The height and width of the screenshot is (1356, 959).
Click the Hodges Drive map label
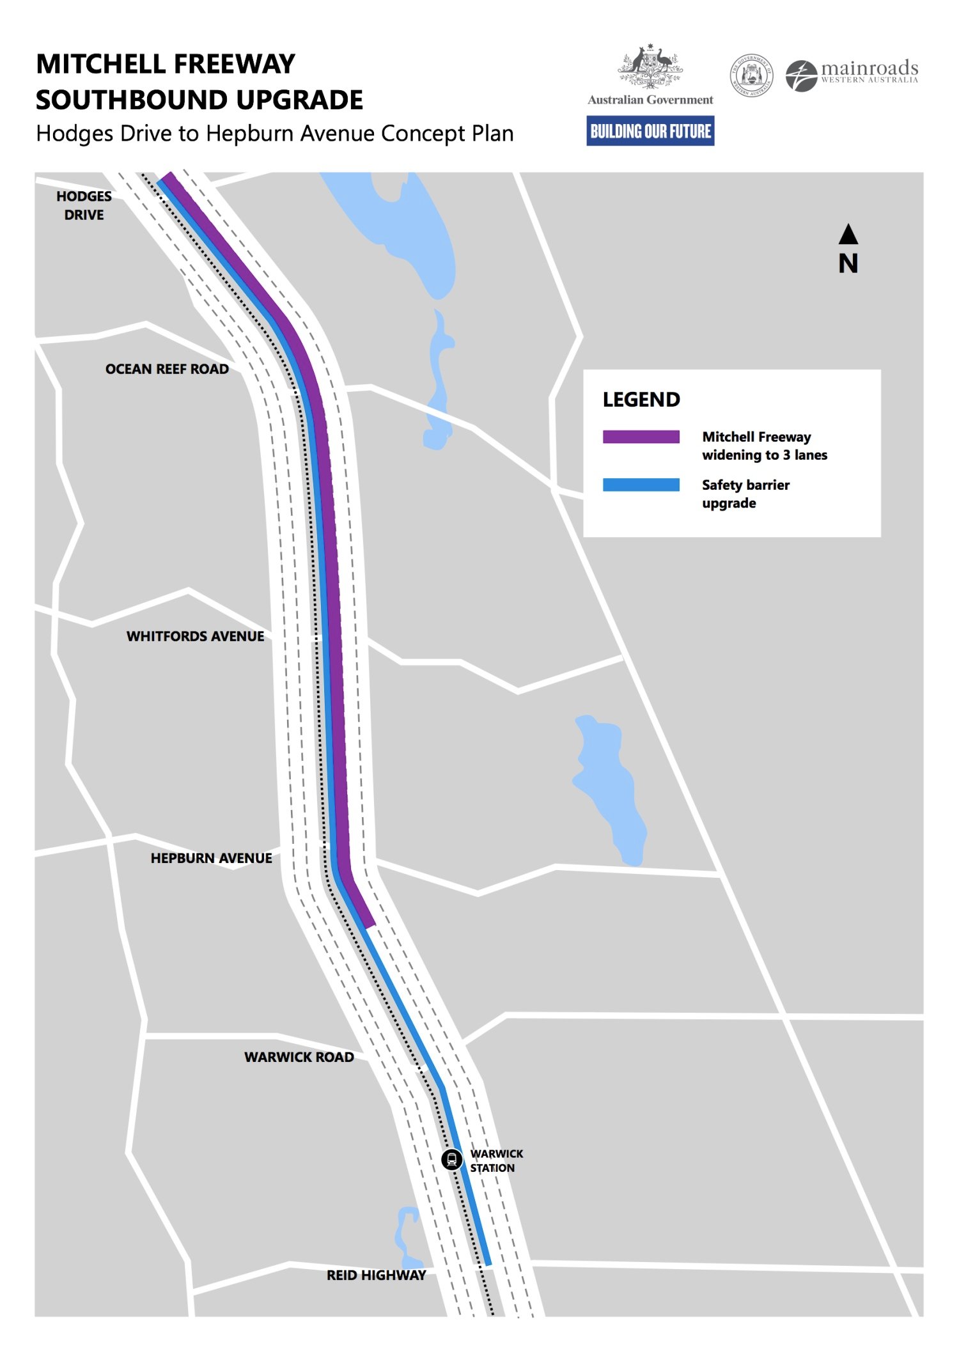pos(84,205)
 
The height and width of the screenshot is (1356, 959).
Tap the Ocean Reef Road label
pos(167,369)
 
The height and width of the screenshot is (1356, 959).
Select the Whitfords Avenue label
pos(195,636)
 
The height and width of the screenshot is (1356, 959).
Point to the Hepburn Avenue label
pos(211,858)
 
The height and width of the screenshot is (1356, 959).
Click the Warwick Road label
pos(299,1057)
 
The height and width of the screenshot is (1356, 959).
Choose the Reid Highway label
pos(376,1275)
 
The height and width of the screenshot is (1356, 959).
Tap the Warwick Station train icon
pos(452,1159)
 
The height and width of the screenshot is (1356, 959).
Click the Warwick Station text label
pos(496,1160)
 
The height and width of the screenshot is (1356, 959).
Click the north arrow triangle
pos(848,235)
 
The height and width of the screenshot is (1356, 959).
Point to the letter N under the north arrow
pos(848,263)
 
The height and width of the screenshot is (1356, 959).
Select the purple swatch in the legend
pos(641,437)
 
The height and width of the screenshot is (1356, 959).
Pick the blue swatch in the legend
pos(641,485)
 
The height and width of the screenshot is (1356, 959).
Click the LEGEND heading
pos(641,400)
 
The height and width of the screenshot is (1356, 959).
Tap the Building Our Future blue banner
pos(650,131)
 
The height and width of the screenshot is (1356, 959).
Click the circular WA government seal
pos(751,75)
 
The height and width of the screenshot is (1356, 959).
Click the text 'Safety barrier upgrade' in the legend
pos(745,494)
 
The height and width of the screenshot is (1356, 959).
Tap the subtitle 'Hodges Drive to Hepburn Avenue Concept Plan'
pos(275,134)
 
